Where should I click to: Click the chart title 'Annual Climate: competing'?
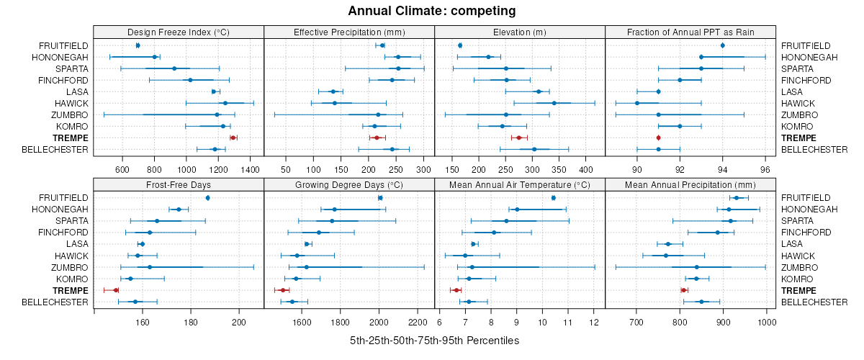[x=431, y=11]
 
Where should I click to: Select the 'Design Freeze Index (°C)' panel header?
[x=179, y=32]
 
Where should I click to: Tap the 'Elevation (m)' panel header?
[x=520, y=32]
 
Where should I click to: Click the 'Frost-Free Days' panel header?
[x=179, y=184]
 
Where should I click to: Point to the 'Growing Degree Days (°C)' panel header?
[x=349, y=184]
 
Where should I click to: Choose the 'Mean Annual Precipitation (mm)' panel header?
[x=690, y=184]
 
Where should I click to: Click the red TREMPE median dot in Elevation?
[x=518, y=138]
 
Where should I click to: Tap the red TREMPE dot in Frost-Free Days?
[x=116, y=290]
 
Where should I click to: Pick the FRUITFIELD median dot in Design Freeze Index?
[x=138, y=45]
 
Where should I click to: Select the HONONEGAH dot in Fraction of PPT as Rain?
[x=701, y=57]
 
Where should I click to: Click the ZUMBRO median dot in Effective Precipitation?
[x=378, y=114]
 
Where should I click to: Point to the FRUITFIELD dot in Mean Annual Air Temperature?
[x=553, y=198]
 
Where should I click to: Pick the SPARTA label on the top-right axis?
[x=797, y=68]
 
